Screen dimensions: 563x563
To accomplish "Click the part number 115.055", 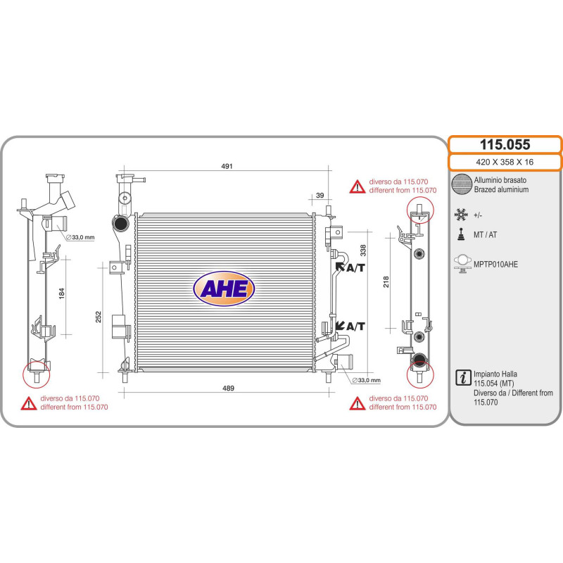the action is click(505, 145).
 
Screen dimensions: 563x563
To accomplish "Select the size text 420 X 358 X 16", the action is click(505, 162).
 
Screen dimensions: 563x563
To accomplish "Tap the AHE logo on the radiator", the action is click(224, 289).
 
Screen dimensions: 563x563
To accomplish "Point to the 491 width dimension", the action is click(227, 166).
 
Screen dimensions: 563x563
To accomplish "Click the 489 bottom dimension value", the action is click(228, 388).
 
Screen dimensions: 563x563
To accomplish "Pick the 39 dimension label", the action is click(320, 196).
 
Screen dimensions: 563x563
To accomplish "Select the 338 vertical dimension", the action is click(363, 251).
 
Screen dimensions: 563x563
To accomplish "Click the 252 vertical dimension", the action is click(99, 317).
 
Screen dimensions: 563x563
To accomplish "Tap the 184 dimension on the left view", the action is click(62, 293).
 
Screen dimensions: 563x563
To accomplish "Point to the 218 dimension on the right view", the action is click(386, 281).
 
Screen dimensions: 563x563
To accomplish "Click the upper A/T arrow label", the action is click(350, 267).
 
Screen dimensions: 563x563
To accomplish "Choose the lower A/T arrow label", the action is click(350, 326).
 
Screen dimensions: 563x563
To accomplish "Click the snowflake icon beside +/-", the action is click(461, 215).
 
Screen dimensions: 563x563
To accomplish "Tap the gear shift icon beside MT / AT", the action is click(462, 234).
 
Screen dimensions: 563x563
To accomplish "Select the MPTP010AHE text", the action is click(495, 265).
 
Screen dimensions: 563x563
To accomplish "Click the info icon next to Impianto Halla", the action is click(463, 377).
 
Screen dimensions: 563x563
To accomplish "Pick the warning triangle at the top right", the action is click(358, 186).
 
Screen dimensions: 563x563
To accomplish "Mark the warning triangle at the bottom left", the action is click(29, 403).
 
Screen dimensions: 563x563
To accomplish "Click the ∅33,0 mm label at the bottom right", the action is click(366, 380).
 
